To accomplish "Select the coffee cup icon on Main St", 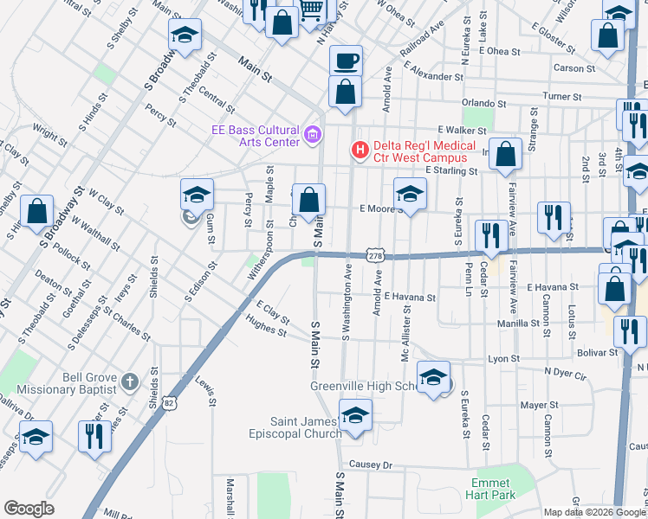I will click(x=346, y=61).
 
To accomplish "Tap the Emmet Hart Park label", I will click(x=493, y=489).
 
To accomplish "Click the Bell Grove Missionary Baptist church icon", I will click(x=129, y=381).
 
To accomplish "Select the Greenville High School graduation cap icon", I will click(x=433, y=377).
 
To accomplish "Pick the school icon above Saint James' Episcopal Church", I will click(x=354, y=415).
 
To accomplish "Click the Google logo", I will click(x=29, y=509).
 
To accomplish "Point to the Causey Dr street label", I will click(x=371, y=465).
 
